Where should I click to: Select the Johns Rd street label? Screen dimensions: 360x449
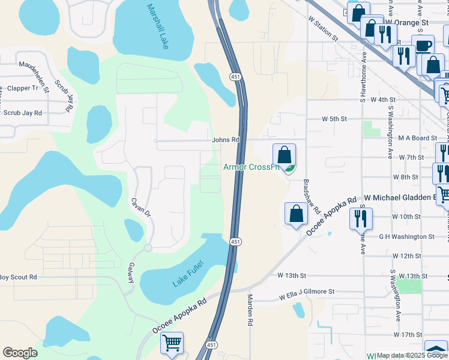coord(226,140)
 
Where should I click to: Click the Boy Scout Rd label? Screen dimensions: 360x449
coord(18,277)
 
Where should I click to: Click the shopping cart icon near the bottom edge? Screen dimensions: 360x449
coord(172,344)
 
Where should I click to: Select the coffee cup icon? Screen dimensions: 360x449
coord(423,46)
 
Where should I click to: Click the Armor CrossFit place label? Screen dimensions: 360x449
coord(252,167)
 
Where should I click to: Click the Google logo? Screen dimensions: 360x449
coord(20,353)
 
